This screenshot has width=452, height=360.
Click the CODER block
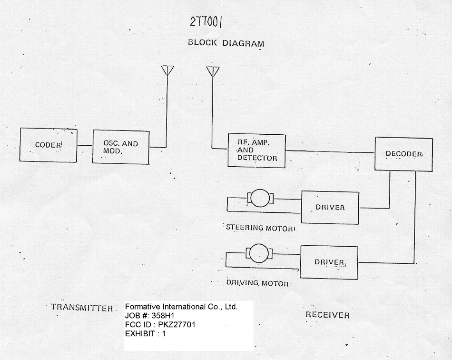[48, 145]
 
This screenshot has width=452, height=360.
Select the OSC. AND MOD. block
[121, 148]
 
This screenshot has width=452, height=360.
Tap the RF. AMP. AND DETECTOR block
[256, 150]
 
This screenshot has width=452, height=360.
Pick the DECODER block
[403, 154]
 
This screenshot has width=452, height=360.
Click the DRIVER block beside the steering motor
[330, 207]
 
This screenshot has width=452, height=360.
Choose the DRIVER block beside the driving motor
[329, 262]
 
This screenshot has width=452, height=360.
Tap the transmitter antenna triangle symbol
[167, 70]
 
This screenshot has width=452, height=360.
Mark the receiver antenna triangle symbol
[212, 71]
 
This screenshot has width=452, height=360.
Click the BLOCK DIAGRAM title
[226, 43]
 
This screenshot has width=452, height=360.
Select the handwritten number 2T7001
[207, 22]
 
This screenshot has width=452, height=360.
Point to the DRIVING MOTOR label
[261, 283]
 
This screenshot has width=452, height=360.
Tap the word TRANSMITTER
[82, 308]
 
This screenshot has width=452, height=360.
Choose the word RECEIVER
[327, 315]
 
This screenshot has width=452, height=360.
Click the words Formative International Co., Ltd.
[181, 307]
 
